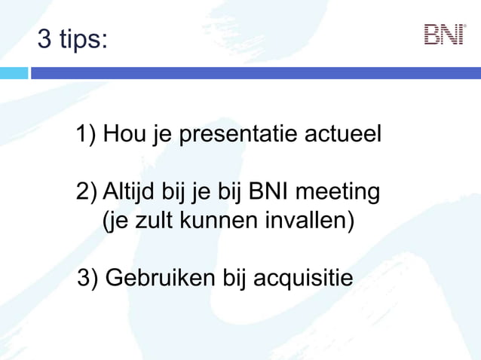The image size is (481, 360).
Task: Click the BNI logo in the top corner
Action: point(444,35)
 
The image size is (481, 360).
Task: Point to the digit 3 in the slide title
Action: point(45,39)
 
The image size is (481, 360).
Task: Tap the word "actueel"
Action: point(343,135)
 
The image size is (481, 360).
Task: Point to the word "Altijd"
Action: point(130,192)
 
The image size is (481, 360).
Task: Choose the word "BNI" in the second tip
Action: point(268,192)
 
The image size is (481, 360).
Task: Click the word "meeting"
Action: point(337,193)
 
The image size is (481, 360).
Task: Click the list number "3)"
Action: point(88,278)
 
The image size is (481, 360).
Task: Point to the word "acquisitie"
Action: point(302,278)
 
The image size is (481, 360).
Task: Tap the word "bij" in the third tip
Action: point(234,278)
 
